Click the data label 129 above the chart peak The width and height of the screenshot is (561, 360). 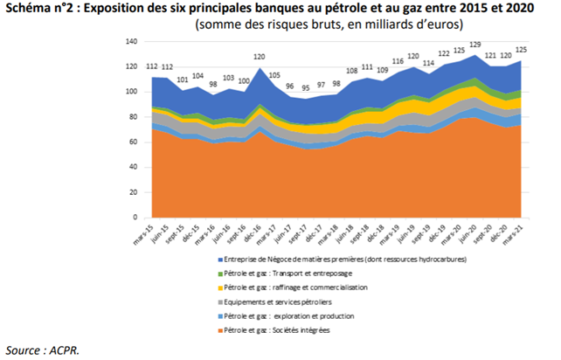[x=474, y=45]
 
